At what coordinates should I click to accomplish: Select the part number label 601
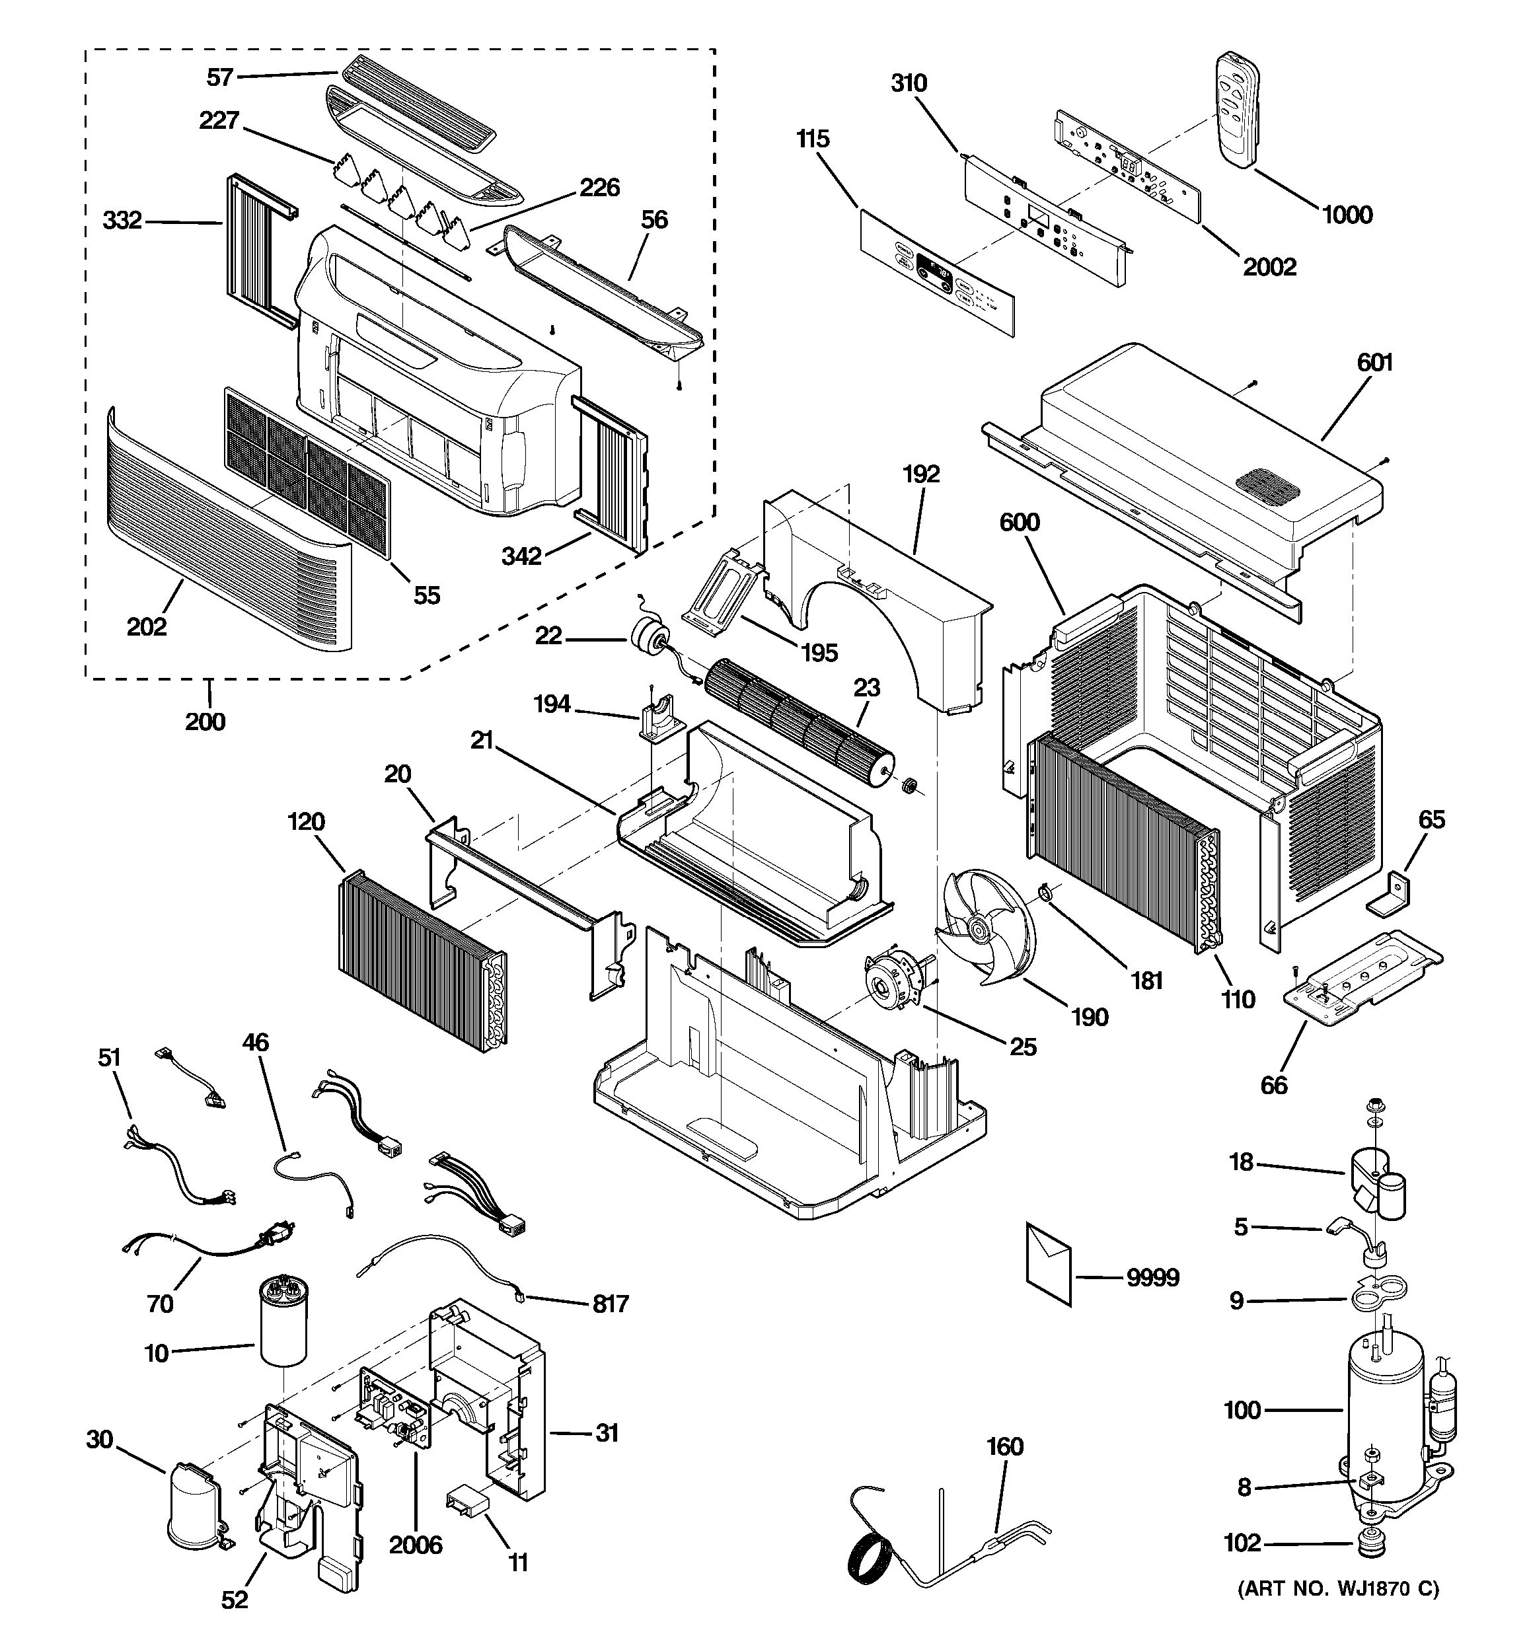click(1374, 361)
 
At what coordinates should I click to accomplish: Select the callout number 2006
click(415, 1545)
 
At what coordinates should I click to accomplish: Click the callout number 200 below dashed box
click(205, 722)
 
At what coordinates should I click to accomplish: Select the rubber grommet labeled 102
click(1365, 1545)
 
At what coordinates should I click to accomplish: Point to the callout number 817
click(610, 1303)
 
